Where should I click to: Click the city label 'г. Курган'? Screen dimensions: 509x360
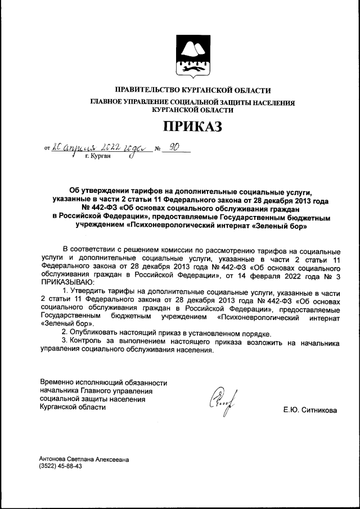point(98,158)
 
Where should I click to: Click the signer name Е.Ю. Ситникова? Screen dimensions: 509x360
point(310,411)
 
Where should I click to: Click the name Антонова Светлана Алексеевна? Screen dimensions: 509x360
point(84,459)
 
